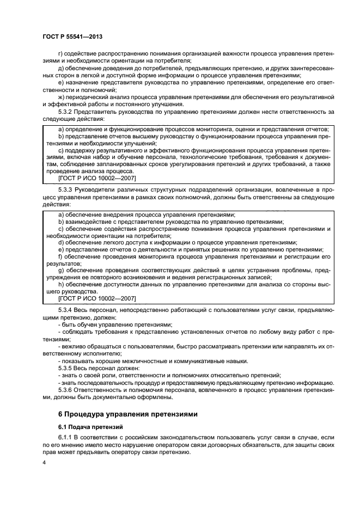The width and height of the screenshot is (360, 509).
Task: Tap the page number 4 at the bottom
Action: pyautogui.click(x=44, y=462)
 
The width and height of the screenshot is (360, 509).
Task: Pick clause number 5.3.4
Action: pyautogui.click(x=66, y=309)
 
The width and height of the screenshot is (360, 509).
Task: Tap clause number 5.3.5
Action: pyautogui.click(x=66, y=368)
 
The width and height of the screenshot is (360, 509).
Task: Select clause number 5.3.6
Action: pyautogui.click(x=66, y=391)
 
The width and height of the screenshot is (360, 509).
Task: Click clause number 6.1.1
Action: pyautogui.click(x=66, y=437)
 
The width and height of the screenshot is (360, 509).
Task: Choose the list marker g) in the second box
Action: pyautogui.click(x=60, y=270)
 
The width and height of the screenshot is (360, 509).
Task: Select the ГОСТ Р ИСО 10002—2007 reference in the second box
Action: pyautogui.click(x=96, y=299)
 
